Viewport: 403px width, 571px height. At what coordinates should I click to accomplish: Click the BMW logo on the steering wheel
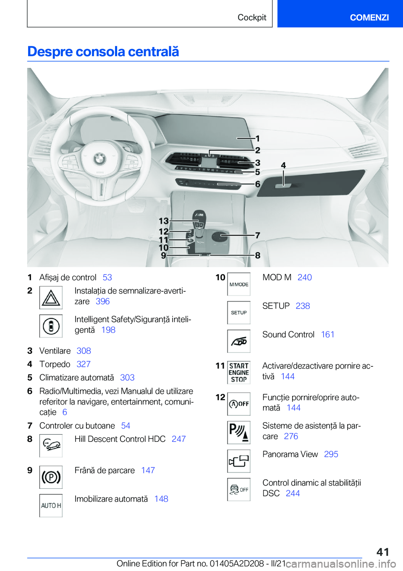[99, 158]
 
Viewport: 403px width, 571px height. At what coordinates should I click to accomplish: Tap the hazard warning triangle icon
[51, 297]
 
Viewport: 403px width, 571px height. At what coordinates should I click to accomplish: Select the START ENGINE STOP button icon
[239, 373]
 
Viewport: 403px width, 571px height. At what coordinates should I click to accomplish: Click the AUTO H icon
[51, 506]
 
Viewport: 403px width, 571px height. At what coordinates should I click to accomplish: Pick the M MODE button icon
[239, 284]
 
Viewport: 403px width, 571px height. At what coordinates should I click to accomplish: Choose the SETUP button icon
[239, 313]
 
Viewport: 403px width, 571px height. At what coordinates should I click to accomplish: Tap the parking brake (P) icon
[51, 477]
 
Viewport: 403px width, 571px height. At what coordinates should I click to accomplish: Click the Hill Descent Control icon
[51, 445]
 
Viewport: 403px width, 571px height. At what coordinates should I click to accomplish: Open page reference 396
[102, 301]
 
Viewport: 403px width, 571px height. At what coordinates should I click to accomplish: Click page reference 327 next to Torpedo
[84, 364]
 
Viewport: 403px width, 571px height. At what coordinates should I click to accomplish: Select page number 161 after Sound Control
[327, 335]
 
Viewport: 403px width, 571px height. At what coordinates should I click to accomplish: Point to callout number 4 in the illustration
[283, 166]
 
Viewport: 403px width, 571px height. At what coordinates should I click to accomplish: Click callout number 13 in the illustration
[163, 221]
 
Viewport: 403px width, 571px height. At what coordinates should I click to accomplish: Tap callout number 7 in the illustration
[258, 236]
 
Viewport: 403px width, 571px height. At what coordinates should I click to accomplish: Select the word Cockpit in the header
[252, 17]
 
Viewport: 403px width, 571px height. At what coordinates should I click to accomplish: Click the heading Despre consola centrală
[103, 52]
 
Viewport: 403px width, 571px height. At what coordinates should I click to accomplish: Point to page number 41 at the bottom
[382, 552]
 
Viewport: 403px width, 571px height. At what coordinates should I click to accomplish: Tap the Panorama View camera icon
[239, 461]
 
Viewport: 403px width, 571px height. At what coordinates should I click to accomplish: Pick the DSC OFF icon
[239, 489]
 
